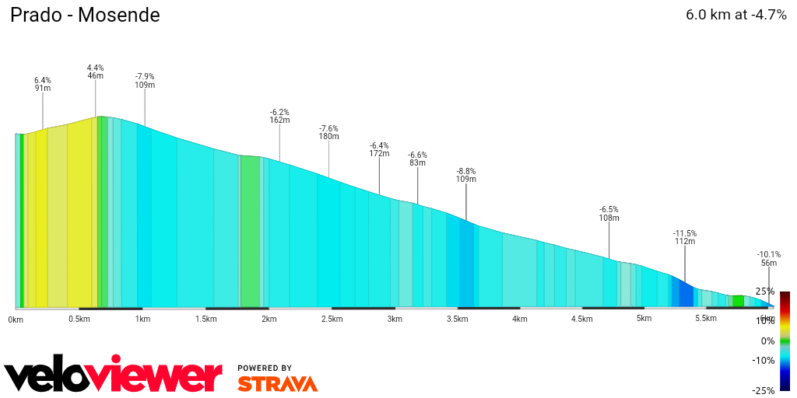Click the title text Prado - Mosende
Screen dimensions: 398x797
coord(85,15)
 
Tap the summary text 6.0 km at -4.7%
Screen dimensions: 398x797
coord(736,15)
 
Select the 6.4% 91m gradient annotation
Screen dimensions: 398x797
coord(43,84)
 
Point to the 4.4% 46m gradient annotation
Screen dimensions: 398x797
coord(95,72)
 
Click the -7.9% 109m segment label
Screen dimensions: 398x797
coord(145,81)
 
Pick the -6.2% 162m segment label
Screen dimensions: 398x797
coord(279,116)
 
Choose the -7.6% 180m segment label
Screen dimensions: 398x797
coord(328,132)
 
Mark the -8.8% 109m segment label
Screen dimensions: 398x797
coord(466,175)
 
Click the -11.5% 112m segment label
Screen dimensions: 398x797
coord(685,237)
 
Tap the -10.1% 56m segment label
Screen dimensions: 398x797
coord(768,259)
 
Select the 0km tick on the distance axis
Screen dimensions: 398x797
coord(16,319)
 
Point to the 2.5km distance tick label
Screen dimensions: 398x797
coord(332,319)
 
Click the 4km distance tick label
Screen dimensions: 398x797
coord(520,319)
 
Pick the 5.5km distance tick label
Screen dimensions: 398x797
coord(706,319)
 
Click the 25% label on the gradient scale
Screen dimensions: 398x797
coord(765,292)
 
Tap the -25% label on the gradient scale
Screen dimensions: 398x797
coord(765,390)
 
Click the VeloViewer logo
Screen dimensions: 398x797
coord(113,376)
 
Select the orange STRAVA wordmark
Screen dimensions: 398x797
coord(277,384)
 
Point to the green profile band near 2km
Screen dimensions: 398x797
coord(250,233)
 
